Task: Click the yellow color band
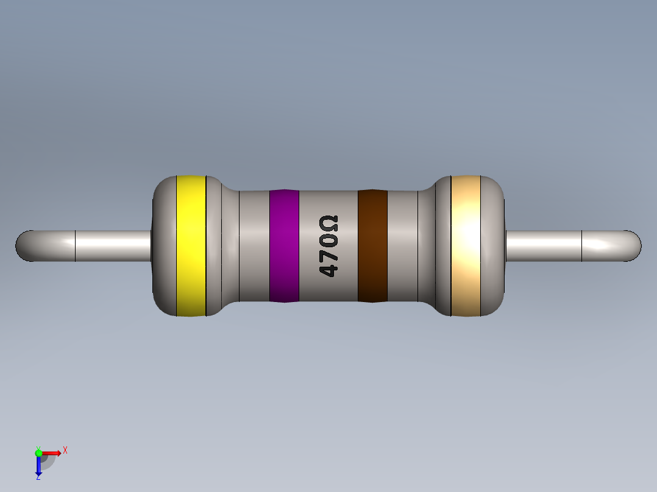[x=191, y=245]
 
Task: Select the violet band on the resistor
[x=284, y=245]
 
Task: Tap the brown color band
[x=372, y=245]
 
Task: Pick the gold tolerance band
[x=466, y=245]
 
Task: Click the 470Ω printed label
[x=328, y=246]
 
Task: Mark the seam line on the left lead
[x=75, y=245]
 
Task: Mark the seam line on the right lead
[x=582, y=245]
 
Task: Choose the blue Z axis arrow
[x=38, y=466]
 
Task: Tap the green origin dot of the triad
[x=38, y=452]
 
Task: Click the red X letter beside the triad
[x=65, y=450]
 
